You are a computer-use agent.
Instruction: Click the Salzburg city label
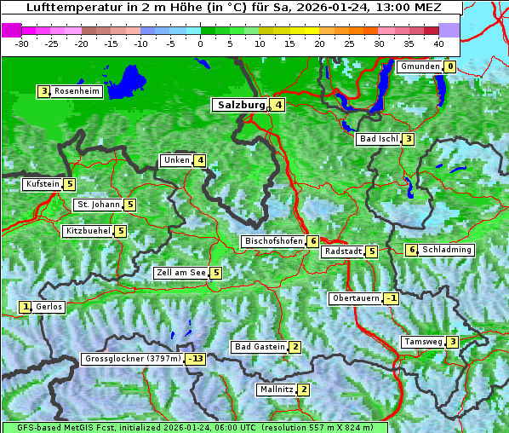[x=242, y=105]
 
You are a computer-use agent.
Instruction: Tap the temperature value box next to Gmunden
[x=449, y=66]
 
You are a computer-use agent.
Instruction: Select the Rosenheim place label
[x=76, y=91]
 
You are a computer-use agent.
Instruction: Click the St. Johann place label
[x=97, y=205]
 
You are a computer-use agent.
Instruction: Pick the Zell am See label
[x=181, y=273]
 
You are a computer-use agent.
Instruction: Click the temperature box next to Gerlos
[x=26, y=307]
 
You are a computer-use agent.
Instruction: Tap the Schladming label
[x=446, y=250]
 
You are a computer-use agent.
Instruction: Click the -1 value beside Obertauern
[x=391, y=298]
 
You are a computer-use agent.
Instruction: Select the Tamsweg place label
[x=423, y=342]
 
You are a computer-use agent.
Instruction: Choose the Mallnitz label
[x=276, y=390]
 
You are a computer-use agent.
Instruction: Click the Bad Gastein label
[x=260, y=347]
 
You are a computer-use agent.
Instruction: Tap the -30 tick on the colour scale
[x=22, y=43]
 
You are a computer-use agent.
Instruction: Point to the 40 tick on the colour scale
[x=438, y=43]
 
